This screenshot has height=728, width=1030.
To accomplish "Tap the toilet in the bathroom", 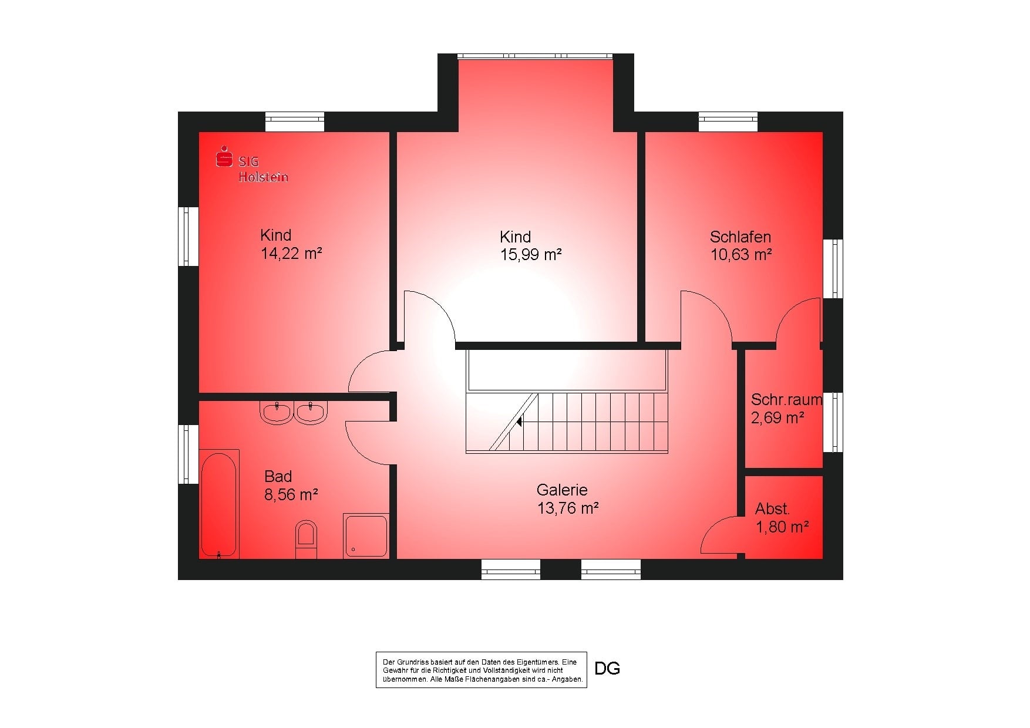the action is [306, 539].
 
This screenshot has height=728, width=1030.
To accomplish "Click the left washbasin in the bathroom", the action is [276, 412].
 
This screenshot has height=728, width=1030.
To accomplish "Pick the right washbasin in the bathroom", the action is [311, 412].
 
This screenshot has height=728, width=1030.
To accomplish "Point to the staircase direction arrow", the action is [519, 421].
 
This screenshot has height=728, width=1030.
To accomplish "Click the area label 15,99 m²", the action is [531, 255].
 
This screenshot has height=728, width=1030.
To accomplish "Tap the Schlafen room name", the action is [740, 237].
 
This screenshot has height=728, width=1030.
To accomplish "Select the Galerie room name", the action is [562, 490].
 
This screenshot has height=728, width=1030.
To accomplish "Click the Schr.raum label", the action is [786, 400].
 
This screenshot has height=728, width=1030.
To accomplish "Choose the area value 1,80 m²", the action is [782, 527].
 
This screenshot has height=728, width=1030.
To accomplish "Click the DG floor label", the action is [607, 669].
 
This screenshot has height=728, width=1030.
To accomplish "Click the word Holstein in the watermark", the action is [263, 177].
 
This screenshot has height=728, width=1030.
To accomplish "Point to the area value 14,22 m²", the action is [291, 254].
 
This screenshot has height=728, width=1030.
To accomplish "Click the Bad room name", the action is [278, 476].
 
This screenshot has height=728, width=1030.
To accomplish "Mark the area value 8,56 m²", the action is [291, 494].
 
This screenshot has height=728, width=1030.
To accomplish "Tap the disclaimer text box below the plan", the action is [482, 670].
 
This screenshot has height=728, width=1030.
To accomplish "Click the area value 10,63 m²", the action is [741, 255].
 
